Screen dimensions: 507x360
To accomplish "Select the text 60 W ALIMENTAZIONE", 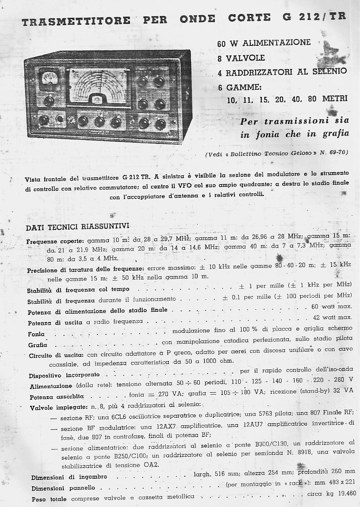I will click(x=264, y=43).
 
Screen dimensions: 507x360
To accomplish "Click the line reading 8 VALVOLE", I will click(x=241, y=58).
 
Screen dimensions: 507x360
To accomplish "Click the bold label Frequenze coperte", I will click(x=55, y=241).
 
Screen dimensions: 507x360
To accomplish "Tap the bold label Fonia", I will click(x=36, y=334).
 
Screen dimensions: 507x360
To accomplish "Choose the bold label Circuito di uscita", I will click(x=56, y=355).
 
